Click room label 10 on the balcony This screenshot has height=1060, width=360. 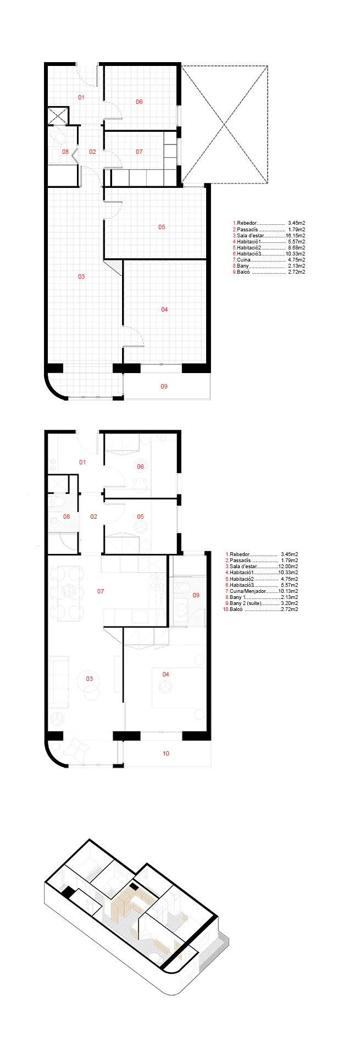pos(166,753)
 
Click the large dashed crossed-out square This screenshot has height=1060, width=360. pos(225,125)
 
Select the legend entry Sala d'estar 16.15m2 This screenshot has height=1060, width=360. pos(269,235)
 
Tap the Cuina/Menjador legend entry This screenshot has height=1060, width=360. pos(262,591)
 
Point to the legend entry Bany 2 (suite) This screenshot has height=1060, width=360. pos(262,603)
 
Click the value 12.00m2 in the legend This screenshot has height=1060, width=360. pos(289,567)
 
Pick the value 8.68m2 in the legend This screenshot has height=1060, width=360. pos(296,248)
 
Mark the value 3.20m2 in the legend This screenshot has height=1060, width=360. pos(289,603)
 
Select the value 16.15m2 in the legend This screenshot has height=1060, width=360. pos(296,235)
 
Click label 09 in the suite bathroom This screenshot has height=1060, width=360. pos(196,595)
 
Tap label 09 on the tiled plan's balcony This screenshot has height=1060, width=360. pos(164,386)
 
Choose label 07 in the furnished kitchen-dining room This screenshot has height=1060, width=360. pos(101,591)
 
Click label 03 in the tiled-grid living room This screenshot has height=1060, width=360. pos(81,276)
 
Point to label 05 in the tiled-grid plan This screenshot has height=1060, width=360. pos(162,227)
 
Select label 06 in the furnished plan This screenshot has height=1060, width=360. pos(140,467)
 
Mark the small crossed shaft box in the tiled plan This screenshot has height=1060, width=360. pos(58,115)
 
